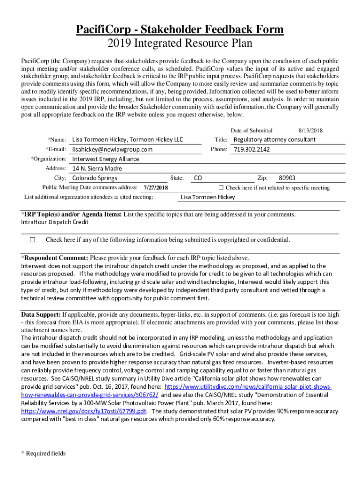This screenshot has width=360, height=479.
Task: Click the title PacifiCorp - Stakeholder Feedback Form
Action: click(180, 30)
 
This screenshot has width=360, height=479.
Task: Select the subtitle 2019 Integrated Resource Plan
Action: click(180, 44)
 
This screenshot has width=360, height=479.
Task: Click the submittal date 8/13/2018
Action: click(310, 131)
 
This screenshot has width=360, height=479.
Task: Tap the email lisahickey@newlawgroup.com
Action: click(112, 149)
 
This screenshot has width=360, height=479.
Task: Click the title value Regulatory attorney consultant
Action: click(274, 139)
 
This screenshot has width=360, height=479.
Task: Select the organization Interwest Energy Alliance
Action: click(106, 159)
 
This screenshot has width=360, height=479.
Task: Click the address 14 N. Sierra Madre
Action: click(97, 168)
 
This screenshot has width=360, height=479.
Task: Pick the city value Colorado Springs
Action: click(95, 178)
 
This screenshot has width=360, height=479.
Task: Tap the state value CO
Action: click(198, 178)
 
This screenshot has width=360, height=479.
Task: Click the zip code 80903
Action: click(287, 178)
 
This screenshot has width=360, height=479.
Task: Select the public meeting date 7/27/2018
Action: click(156, 188)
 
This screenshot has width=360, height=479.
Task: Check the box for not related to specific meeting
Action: click(222, 188)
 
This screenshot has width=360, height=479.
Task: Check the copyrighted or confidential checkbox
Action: click(32, 240)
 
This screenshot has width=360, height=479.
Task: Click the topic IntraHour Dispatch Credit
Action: click(55, 222)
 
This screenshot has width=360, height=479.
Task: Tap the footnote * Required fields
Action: click(43, 453)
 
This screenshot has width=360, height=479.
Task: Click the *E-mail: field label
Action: click(56, 149)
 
